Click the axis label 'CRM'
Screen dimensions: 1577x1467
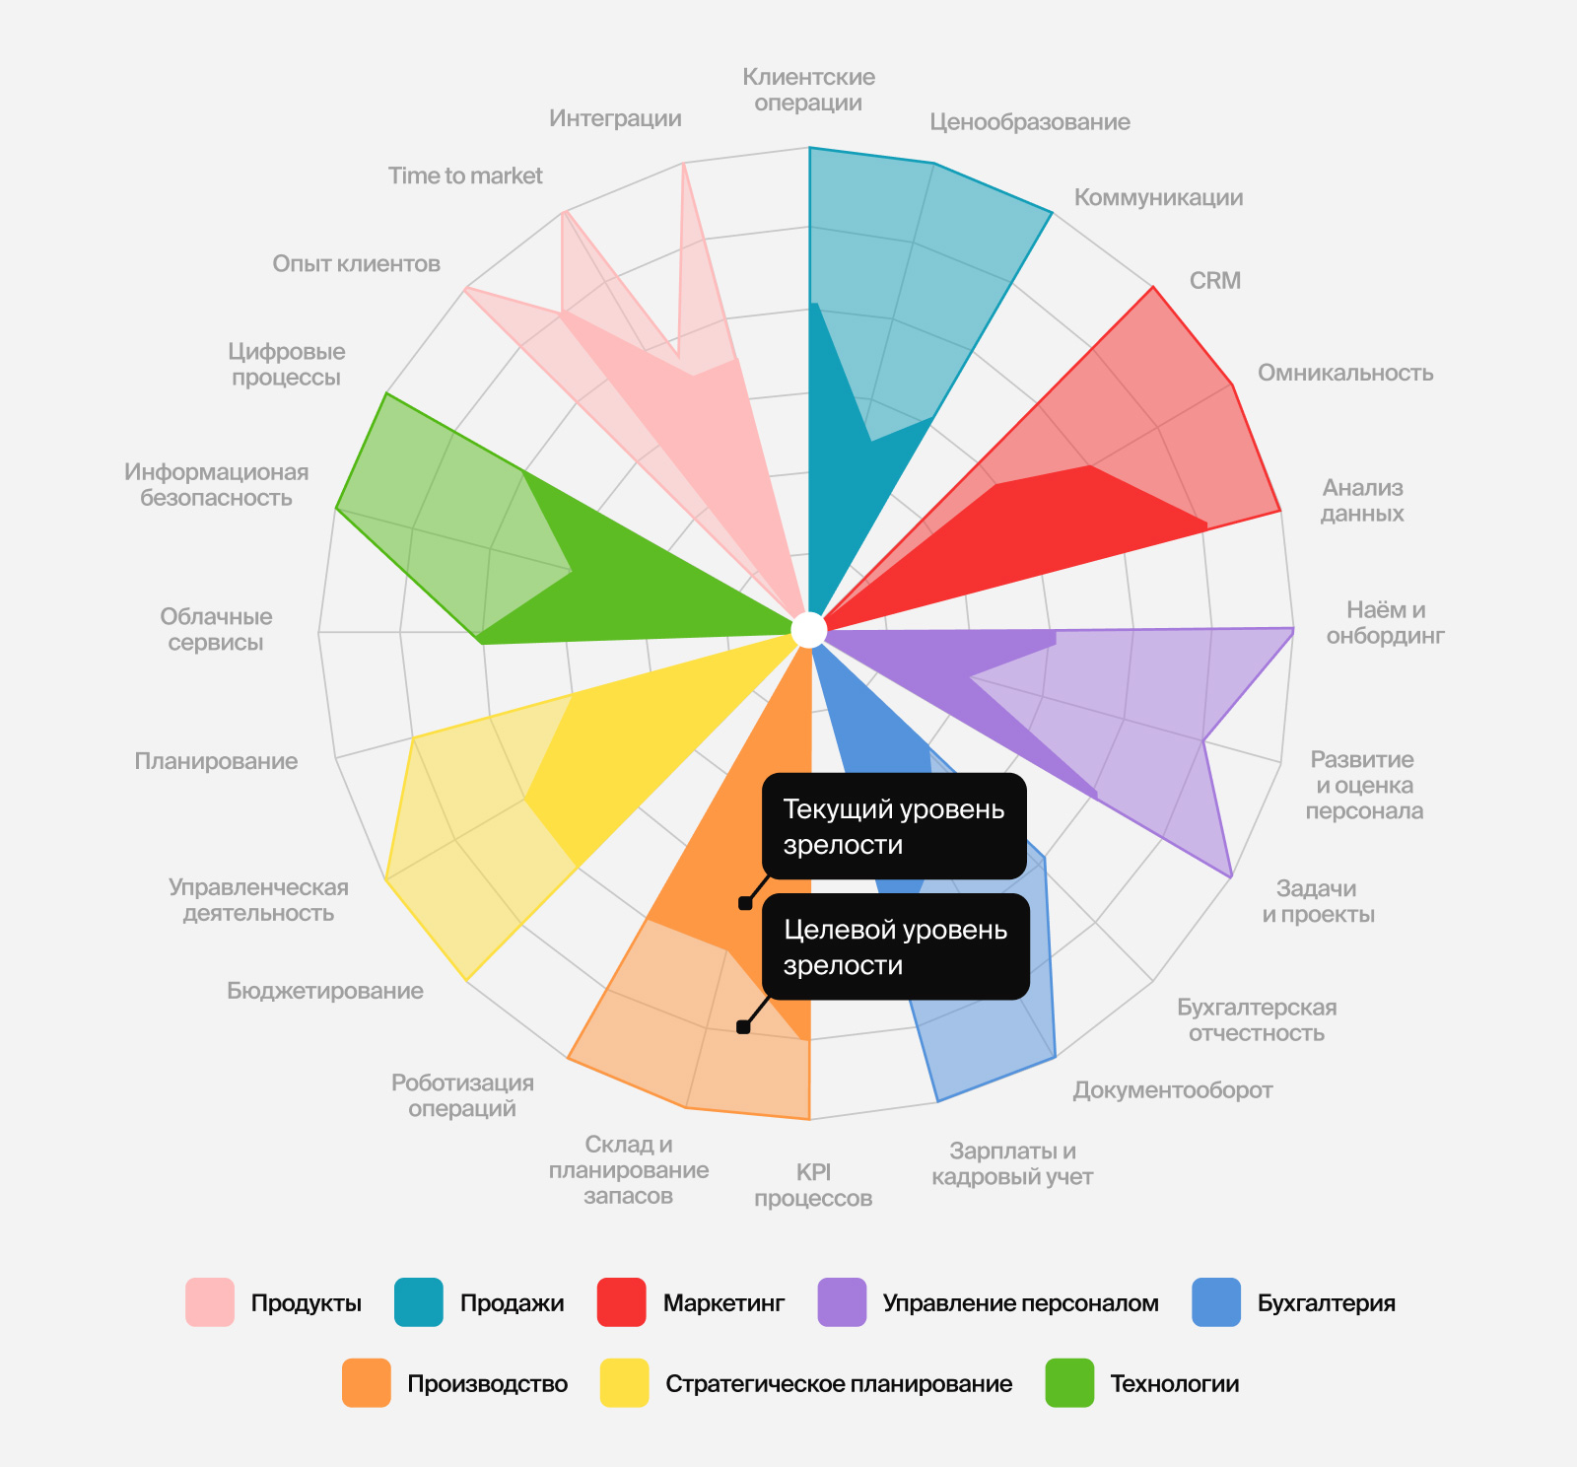1214,281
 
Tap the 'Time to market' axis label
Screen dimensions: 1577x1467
465,175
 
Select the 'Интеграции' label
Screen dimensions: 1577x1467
615,118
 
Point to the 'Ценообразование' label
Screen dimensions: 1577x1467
1030,122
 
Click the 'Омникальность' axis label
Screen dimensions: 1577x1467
1345,373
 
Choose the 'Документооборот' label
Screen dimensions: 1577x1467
1173,1090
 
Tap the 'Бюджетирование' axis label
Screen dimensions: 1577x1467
325,991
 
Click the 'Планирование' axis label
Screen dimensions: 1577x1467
216,761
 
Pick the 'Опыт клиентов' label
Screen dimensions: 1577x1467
356,264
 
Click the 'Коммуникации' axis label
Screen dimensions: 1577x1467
1158,197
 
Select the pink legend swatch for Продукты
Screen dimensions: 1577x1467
210,1302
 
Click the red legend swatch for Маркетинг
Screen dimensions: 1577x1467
622,1302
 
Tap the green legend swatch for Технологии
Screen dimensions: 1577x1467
1069,1383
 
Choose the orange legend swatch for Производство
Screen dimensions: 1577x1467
367,1383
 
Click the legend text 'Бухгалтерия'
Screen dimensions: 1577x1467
1327,1303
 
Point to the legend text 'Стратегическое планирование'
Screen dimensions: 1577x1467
839,1384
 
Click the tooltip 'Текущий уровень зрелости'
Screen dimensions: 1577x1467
894,826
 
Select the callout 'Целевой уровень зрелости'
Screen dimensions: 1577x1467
896,946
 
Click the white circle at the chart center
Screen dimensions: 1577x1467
809,630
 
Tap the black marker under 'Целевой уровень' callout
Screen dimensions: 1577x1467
743,1027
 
